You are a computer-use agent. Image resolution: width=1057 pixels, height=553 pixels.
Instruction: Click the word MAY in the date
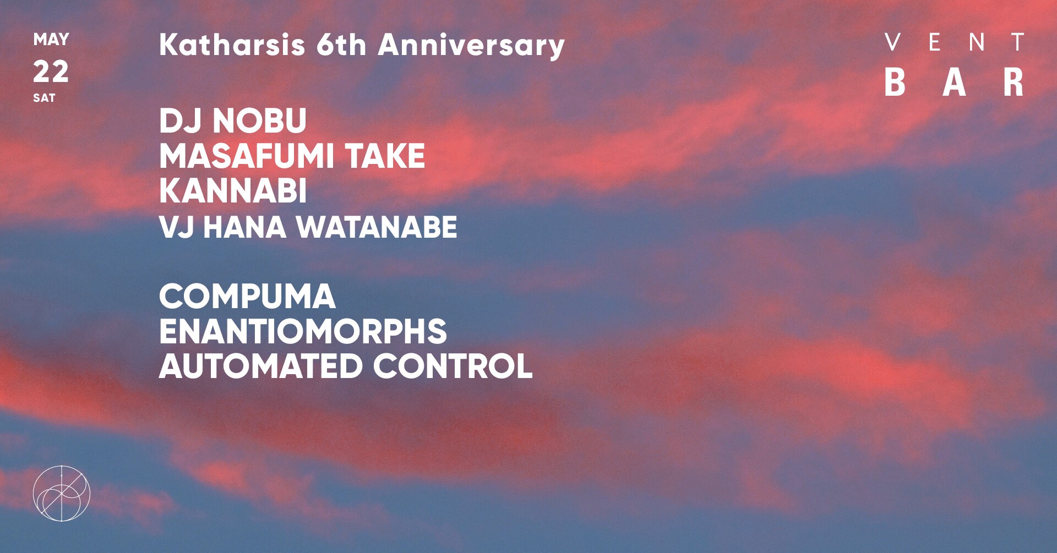(x=51, y=40)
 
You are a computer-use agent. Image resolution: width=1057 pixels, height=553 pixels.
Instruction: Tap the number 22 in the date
(x=51, y=72)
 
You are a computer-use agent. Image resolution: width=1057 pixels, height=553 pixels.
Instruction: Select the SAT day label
(x=44, y=98)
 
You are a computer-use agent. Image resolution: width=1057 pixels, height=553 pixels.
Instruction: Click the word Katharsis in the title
(x=232, y=45)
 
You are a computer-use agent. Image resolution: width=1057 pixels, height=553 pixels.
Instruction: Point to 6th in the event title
(x=341, y=45)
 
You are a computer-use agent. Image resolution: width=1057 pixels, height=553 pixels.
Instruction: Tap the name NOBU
(x=260, y=121)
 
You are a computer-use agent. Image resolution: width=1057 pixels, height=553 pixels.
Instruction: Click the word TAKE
(x=385, y=156)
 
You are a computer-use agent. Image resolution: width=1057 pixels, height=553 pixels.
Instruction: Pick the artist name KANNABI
(x=233, y=191)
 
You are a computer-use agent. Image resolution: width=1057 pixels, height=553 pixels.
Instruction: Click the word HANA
(x=245, y=227)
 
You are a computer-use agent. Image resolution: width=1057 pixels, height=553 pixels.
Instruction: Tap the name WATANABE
(x=378, y=227)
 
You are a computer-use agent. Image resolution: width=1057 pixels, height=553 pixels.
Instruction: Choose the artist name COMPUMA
(x=247, y=297)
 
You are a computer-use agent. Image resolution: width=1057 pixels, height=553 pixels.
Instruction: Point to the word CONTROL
(x=453, y=366)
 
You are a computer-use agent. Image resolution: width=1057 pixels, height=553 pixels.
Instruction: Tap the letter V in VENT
(x=893, y=42)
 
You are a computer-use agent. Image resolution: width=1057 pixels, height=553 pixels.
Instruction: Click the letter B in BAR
(x=895, y=83)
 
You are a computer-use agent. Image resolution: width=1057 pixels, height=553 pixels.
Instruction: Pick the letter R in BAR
(x=1013, y=83)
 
